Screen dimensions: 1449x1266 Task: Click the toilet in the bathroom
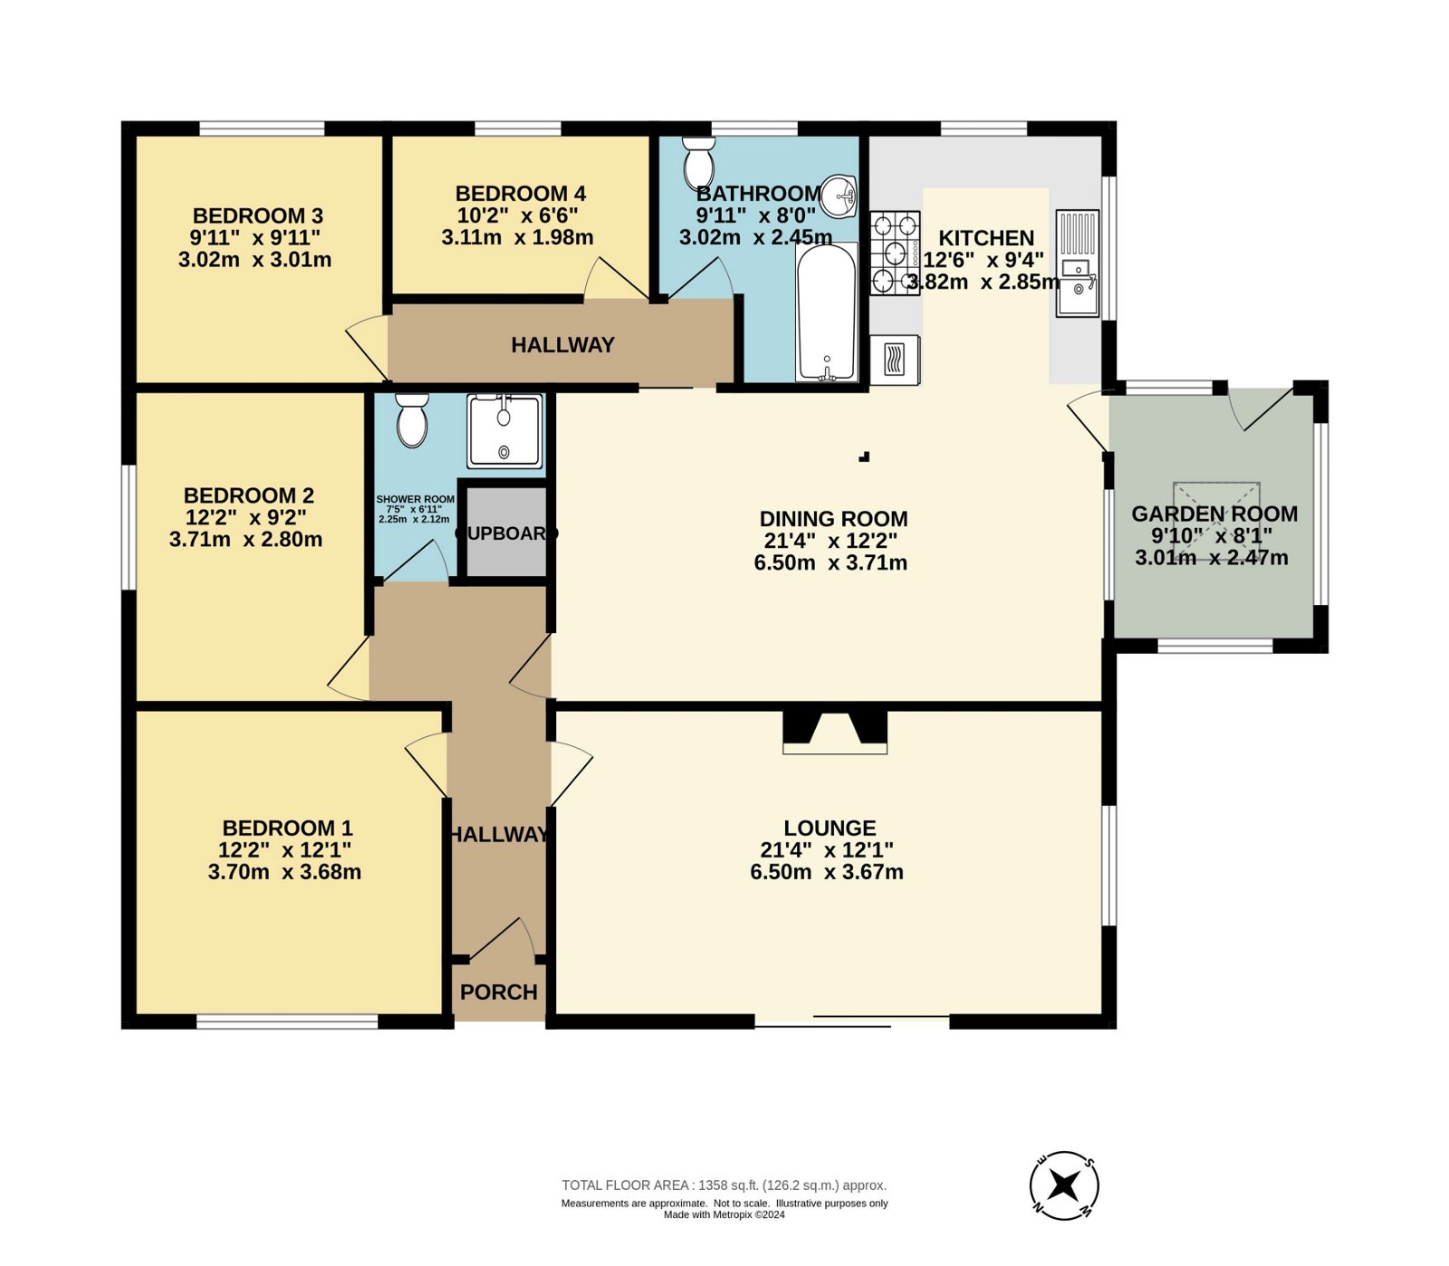tap(698, 163)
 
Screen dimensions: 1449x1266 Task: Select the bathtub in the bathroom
tap(826, 312)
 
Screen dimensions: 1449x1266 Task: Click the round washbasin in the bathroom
tap(839, 196)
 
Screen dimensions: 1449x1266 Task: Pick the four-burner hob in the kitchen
tap(896, 253)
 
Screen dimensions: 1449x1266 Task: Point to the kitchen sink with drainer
tap(1078, 263)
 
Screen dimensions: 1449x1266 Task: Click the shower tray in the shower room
tap(504, 431)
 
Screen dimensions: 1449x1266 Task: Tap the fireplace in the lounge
tap(835, 733)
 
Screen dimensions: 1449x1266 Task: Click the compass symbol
tap(1064, 1185)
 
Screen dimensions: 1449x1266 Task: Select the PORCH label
tap(499, 992)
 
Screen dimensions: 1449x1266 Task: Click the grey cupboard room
tap(504, 532)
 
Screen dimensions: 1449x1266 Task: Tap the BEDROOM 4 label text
tap(520, 194)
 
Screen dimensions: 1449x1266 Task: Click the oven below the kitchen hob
tap(895, 360)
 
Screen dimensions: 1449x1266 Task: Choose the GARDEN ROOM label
tap(1214, 514)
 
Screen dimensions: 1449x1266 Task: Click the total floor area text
tap(724, 1185)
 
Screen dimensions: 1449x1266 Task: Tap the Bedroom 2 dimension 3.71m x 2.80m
tap(245, 540)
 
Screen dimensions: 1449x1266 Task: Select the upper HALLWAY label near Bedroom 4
tap(562, 345)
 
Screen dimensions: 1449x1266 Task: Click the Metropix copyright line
tap(724, 1215)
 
